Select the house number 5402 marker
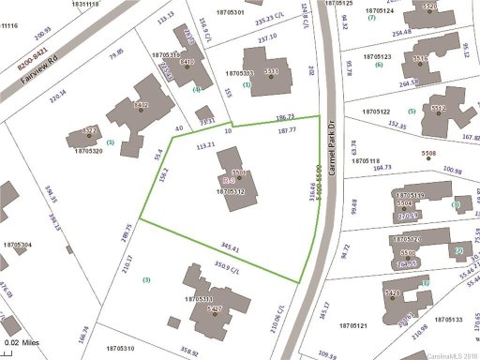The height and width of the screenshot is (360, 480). (x=142, y=107)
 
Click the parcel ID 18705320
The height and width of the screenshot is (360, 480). (x=86, y=150)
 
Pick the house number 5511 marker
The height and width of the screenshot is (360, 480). (x=270, y=72)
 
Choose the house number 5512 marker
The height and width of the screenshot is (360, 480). (x=438, y=109)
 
